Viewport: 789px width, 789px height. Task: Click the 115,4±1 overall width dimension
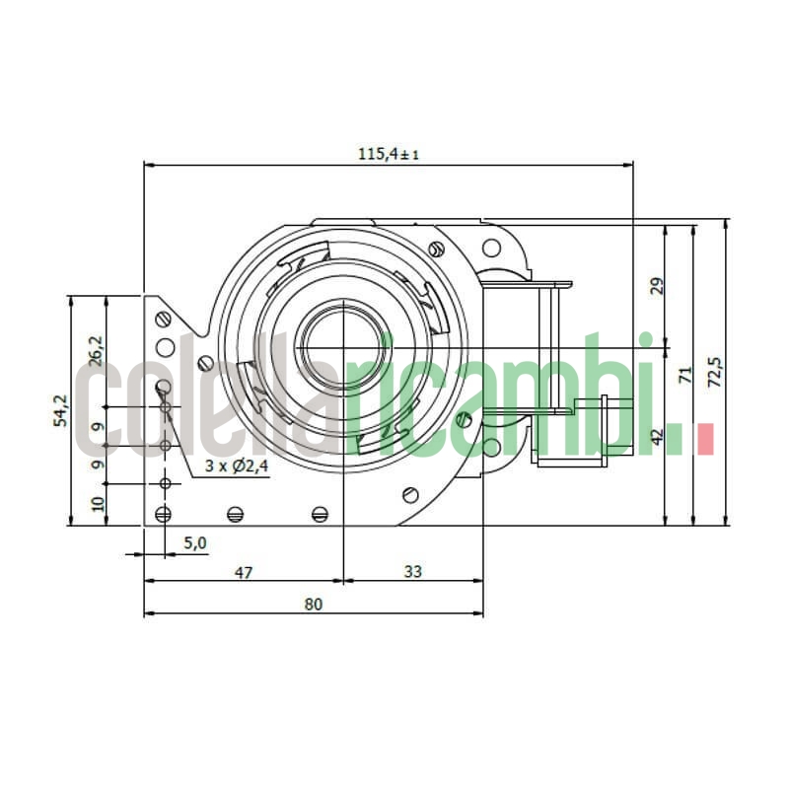pos(388,154)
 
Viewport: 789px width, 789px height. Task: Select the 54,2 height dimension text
pos(61,410)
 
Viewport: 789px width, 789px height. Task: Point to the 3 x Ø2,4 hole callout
pos(237,466)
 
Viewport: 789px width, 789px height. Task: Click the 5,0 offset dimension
pos(195,542)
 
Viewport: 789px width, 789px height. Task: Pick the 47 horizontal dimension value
pos(244,570)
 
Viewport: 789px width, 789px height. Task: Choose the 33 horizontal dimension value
pos(412,570)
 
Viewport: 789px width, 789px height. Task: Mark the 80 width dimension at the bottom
pos(314,604)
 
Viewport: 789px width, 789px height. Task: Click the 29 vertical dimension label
pos(658,286)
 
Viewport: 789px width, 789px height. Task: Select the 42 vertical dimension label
pos(658,436)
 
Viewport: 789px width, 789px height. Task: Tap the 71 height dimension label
pos(686,375)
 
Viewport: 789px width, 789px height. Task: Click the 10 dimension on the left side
pos(97,503)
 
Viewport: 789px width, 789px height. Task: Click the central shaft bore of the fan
pos(341,344)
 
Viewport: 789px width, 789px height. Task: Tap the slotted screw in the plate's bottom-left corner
pos(164,513)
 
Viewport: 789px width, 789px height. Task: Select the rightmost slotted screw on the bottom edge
pos(319,513)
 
